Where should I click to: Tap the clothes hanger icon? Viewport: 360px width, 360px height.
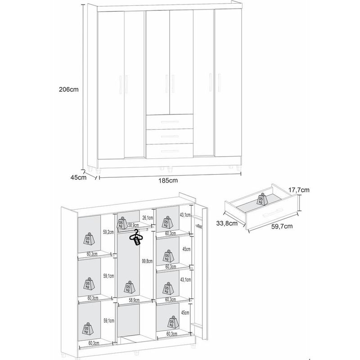[x=136, y=237]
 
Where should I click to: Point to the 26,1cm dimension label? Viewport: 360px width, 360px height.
[x=148, y=218]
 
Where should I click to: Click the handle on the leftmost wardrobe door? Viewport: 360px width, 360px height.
[x=121, y=85]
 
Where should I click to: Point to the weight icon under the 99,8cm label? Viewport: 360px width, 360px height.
[x=129, y=287]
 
